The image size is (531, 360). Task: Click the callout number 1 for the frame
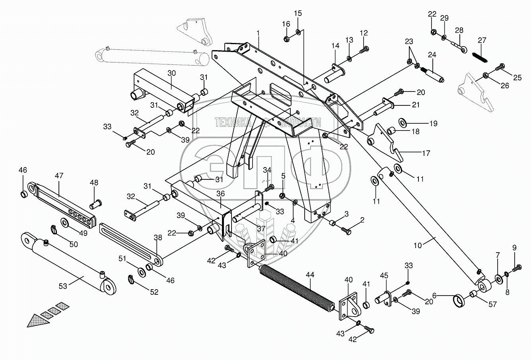[x=258, y=33]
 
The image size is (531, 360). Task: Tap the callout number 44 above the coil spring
[x=310, y=274]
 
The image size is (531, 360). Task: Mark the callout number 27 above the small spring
[x=482, y=40]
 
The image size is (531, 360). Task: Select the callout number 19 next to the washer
[x=433, y=123]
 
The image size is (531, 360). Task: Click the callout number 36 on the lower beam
[x=221, y=194]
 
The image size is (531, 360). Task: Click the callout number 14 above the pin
[x=335, y=47]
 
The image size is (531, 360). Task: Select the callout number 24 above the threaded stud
[x=432, y=54]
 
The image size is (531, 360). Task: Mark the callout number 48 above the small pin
[x=93, y=183]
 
